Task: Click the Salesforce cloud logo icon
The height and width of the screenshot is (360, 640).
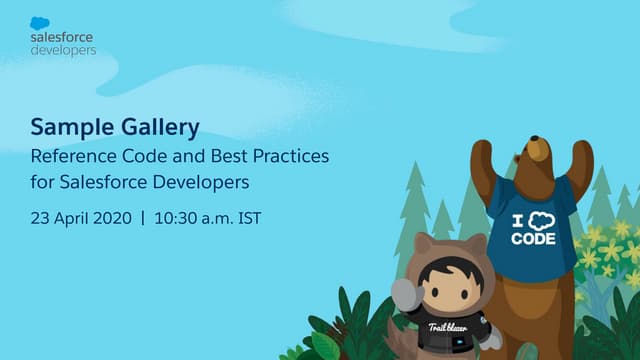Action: (x=42, y=23)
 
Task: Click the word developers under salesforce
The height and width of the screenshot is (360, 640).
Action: (x=64, y=49)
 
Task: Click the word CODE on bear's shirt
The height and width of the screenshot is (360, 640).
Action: (x=534, y=239)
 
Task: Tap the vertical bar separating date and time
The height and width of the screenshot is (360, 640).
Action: (x=142, y=217)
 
